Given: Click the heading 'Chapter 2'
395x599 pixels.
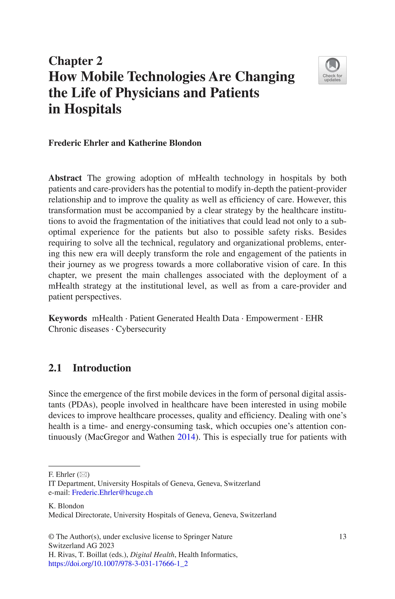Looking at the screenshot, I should point(75,61).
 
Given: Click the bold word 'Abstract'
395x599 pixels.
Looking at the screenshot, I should point(65,178).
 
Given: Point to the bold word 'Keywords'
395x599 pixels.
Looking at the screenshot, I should point(68,318).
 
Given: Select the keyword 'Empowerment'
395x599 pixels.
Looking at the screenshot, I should point(272,318).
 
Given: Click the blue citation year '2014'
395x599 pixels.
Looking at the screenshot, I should point(186,437).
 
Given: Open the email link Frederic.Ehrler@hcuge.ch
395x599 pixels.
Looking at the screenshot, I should point(112,493).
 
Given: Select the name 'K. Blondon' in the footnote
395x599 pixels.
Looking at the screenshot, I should point(66,506).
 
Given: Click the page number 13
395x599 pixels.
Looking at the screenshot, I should point(343,537).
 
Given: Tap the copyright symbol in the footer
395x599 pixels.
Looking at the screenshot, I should point(51,537).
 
